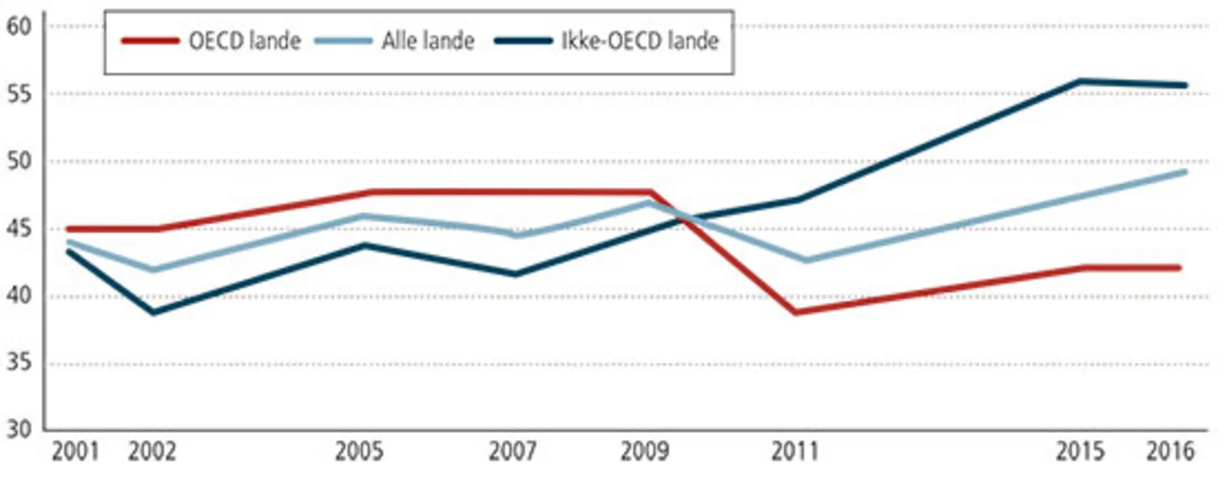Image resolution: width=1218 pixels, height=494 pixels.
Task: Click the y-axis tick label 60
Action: click(x=18, y=27)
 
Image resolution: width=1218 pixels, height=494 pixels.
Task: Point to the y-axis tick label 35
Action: click(x=18, y=364)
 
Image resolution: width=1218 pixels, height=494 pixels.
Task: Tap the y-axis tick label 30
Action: click(x=18, y=429)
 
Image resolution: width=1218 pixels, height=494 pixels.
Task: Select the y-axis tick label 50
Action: click(x=18, y=161)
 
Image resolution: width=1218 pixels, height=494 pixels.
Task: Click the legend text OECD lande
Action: click(x=245, y=41)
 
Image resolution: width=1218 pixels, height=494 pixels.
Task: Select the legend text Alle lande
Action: click(x=428, y=41)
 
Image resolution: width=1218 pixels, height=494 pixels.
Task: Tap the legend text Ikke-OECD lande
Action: click(x=640, y=41)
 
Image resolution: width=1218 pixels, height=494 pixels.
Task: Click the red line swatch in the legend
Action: click(x=150, y=41)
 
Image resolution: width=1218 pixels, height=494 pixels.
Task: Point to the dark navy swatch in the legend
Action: click(x=523, y=41)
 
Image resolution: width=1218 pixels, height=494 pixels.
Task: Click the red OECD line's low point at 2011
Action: click(x=796, y=312)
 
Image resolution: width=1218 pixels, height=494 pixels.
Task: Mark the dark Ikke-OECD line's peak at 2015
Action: click(x=1080, y=81)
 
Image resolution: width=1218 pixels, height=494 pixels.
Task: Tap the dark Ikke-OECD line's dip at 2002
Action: click(x=153, y=312)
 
